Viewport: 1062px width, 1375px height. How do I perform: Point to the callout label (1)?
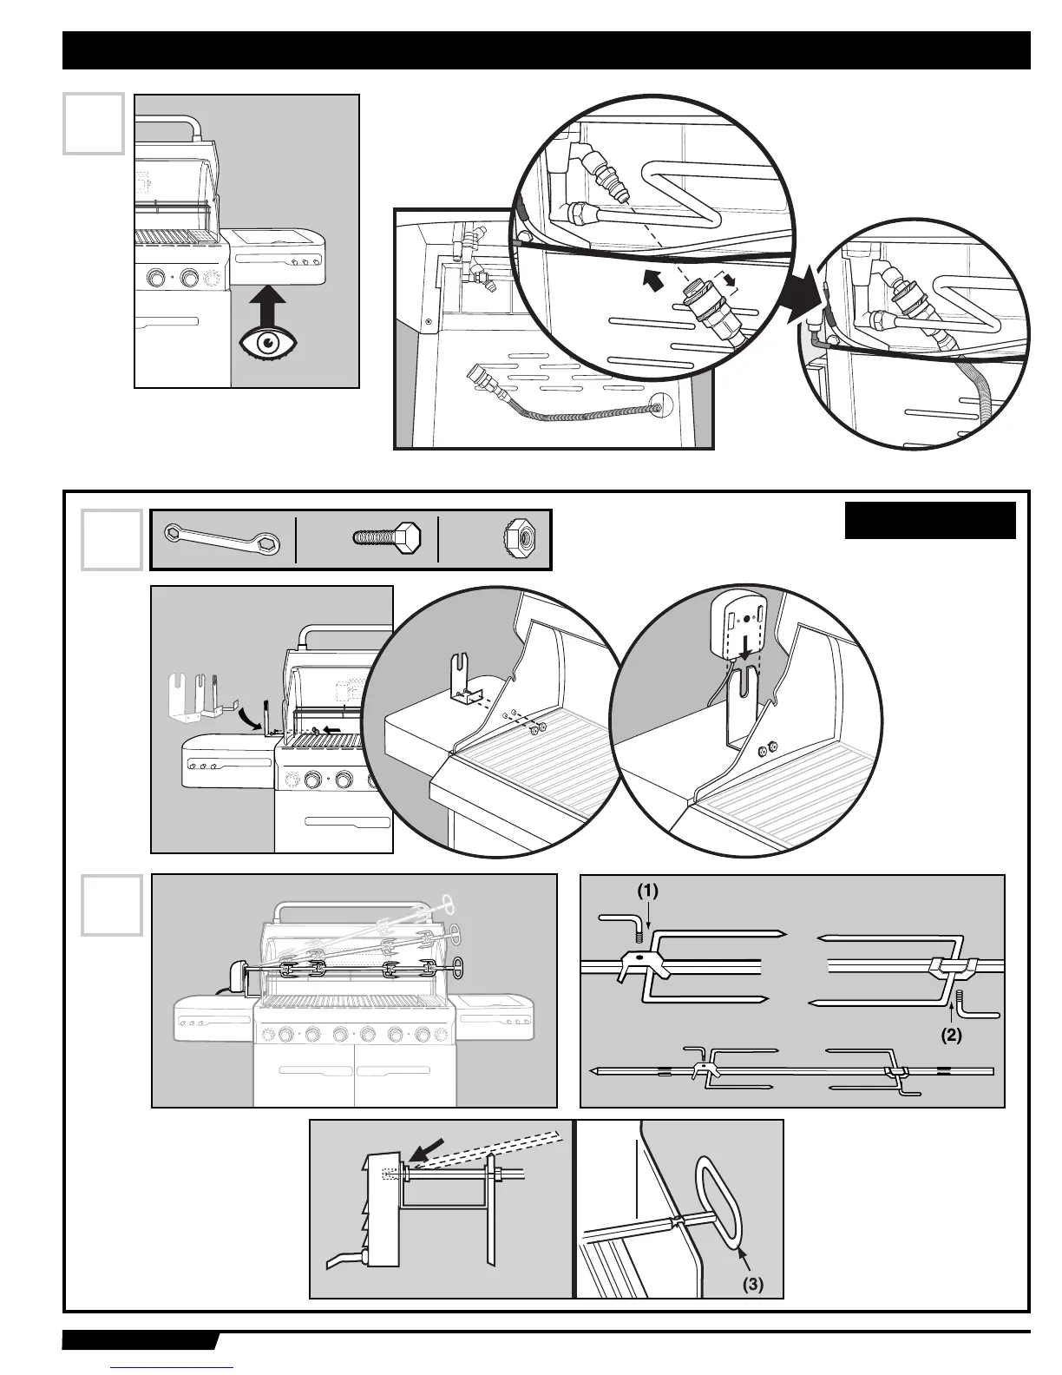648,890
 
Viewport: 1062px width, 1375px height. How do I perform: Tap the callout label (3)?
752,1284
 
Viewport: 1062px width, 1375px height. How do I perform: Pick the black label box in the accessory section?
930,520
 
